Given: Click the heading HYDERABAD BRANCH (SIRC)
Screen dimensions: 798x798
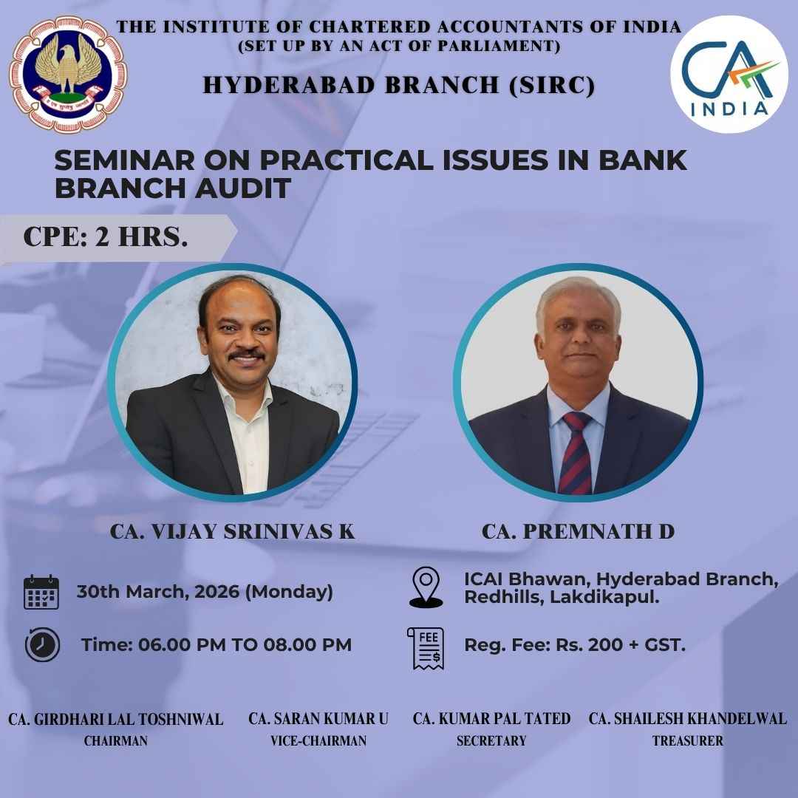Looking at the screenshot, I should point(399,86).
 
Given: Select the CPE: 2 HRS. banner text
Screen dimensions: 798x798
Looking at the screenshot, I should point(105,236).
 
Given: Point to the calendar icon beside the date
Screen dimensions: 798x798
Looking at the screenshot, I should point(41,592).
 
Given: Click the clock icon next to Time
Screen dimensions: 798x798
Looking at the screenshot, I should point(42,644).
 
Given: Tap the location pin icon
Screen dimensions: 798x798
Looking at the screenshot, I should point(426,588).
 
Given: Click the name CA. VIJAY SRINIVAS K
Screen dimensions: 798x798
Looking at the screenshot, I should point(232,531).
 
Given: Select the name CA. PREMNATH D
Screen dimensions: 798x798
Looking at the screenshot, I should point(578,531).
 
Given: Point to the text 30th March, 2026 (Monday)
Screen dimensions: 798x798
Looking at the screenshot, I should point(205,592).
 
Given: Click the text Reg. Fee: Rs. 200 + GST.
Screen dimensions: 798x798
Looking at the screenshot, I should point(575,645).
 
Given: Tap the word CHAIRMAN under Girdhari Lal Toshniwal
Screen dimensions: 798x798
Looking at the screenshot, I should point(115,741).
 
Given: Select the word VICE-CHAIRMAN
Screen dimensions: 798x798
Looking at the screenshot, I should point(318,741).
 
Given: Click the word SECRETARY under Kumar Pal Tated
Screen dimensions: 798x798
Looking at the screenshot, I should point(491,741).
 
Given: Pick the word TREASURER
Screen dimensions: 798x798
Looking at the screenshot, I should point(687,741).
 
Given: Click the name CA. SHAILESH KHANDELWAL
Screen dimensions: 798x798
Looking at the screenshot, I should point(687,718).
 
